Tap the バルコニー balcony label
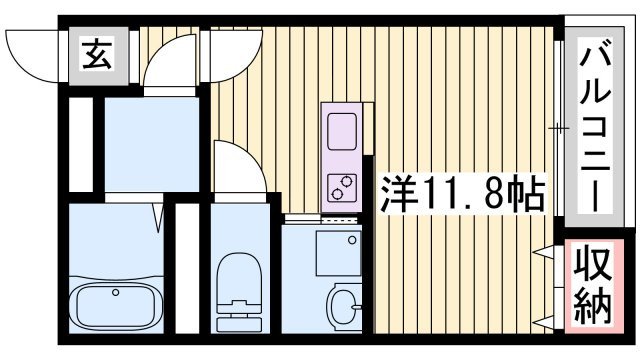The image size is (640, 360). (595, 124)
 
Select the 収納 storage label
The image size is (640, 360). (594, 285)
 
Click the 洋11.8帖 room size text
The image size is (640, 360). (463, 193)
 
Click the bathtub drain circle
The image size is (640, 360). (116, 292)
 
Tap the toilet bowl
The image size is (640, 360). (239, 278)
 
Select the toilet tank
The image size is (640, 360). (239, 323)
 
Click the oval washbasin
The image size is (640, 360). (344, 306)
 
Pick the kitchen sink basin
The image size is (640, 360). (342, 131)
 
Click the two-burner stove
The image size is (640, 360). (342, 187)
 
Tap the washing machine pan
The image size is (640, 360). (338, 253)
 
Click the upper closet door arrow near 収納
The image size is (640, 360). (544, 252)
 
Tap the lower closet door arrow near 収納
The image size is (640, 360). (544, 322)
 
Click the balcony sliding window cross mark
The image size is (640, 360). (558, 129)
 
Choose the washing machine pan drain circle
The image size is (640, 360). (352, 240)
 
